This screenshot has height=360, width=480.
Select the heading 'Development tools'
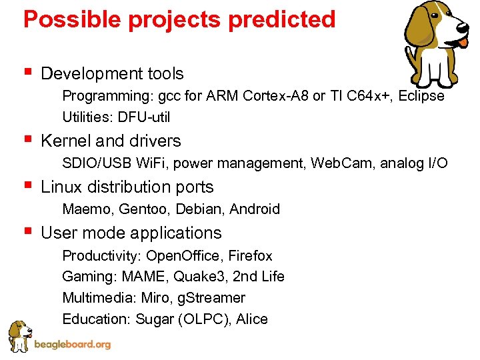pyautogui.click(x=112, y=73)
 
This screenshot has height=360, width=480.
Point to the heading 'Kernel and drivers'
pyautogui.click(x=111, y=141)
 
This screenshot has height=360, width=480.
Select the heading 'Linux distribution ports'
pyautogui.click(x=127, y=187)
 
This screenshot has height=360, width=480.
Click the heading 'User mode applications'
pyautogui.click(x=131, y=233)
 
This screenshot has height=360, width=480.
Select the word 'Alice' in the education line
pyautogui.click(x=251, y=319)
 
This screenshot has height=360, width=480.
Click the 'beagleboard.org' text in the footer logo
pyautogui.click(x=72, y=345)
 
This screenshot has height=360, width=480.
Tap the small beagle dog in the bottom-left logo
pyautogui.click(x=20, y=335)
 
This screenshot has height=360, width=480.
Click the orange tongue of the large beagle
pyautogui.click(x=462, y=42)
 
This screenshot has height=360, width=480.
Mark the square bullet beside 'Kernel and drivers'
pyautogui.click(x=27, y=140)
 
